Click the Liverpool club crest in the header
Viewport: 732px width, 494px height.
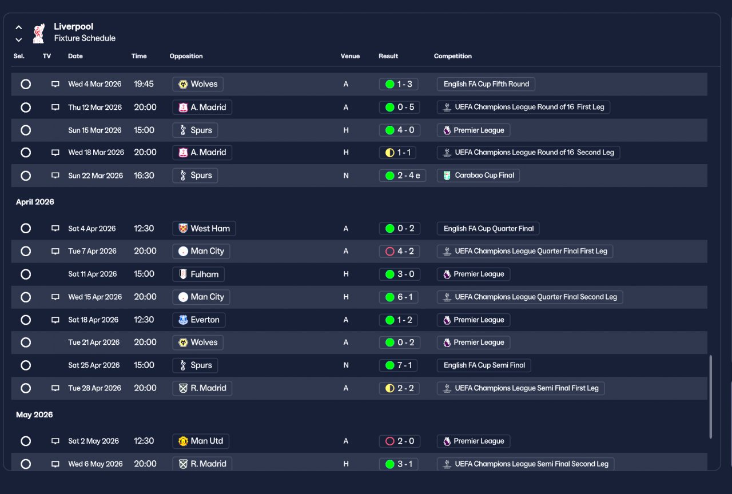(x=38, y=33)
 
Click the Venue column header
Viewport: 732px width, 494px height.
(x=350, y=56)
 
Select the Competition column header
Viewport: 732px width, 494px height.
(x=452, y=56)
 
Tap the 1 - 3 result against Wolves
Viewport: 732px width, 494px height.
(x=399, y=84)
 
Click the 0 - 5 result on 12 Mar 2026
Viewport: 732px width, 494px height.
(x=399, y=107)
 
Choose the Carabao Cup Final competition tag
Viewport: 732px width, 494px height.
(x=478, y=176)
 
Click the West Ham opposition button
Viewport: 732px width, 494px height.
(x=204, y=228)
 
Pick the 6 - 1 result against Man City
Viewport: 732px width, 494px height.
(x=399, y=297)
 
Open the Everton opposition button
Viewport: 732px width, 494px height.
(x=198, y=320)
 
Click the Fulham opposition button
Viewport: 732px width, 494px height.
(x=198, y=274)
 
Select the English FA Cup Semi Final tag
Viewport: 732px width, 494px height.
(x=484, y=365)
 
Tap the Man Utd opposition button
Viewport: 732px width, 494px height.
(x=201, y=441)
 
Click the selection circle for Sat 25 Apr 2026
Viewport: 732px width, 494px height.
(x=26, y=365)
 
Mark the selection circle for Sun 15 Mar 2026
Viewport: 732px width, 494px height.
(x=26, y=130)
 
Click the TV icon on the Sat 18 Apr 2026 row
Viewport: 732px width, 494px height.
(x=55, y=320)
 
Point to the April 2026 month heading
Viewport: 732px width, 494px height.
(x=35, y=202)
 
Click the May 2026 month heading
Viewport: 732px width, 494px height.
(x=34, y=415)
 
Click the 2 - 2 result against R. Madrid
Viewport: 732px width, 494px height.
(x=399, y=388)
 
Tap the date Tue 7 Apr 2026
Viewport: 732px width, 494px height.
(x=92, y=251)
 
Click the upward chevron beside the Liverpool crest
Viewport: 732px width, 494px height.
(x=19, y=27)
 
